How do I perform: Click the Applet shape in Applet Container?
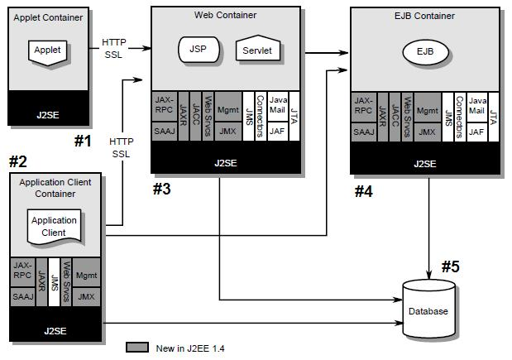[x=47, y=50]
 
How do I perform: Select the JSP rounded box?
[x=198, y=50]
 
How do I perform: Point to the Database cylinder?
[x=428, y=310]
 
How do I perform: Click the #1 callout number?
[x=82, y=140]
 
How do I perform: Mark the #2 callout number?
[x=18, y=161]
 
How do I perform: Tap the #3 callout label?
[x=162, y=190]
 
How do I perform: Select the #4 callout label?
[x=364, y=191]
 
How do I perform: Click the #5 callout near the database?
[x=451, y=266]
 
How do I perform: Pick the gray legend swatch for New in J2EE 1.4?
[x=136, y=347]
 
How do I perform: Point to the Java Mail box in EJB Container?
[x=476, y=105]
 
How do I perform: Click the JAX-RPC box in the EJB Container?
[x=363, y=105]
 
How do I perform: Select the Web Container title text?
[x=225, y=15]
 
